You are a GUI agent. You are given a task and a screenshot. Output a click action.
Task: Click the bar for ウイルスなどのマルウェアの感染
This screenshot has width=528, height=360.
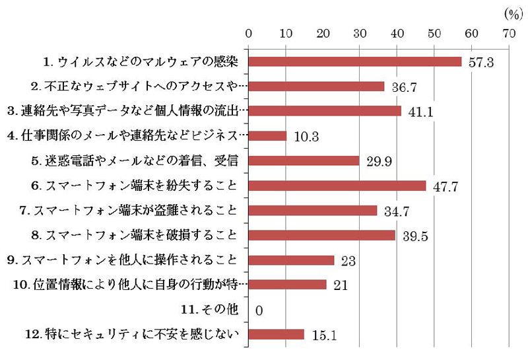click(355, 61)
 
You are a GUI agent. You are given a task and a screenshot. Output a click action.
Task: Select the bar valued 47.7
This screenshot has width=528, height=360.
click(337, 186)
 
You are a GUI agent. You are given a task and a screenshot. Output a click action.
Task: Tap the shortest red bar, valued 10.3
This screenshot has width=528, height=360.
click(267, 136)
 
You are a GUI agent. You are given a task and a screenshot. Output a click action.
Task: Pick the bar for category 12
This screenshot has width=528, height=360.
click(276, 334)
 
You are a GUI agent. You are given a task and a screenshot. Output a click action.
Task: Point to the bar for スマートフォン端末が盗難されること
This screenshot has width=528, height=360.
click(313, 210)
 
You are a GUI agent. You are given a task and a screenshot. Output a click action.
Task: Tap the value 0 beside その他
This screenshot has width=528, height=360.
click(259, 310)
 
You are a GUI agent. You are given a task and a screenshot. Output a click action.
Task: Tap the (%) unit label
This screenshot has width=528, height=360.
click(512, 13)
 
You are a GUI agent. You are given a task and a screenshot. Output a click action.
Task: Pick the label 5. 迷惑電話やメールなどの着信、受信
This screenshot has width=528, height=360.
click(144, 161)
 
